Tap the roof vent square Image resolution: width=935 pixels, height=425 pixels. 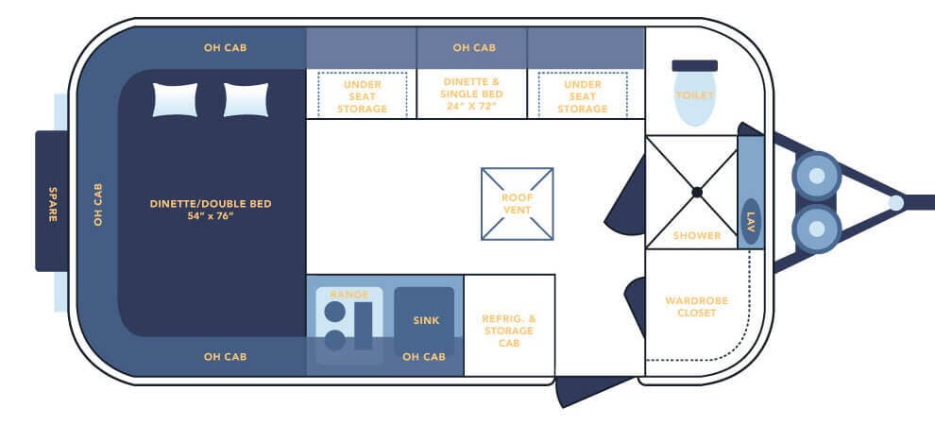(517, 203)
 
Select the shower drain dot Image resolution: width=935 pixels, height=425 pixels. (696, 192)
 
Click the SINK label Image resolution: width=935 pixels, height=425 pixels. (426, 321)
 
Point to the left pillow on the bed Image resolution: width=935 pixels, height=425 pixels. (176, 100)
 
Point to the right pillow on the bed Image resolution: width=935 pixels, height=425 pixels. (246, 100)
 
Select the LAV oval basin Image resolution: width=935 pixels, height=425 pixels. (751, 222)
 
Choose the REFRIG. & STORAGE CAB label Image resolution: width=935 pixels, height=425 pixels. (509, 331)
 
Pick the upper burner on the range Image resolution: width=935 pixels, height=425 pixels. (334, 312)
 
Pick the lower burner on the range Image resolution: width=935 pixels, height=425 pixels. (334, 340)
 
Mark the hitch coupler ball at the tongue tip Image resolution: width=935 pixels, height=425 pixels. (895, 202)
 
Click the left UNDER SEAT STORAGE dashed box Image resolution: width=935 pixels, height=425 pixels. (362, 95)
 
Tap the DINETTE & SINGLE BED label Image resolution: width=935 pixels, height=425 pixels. (472, 94)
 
